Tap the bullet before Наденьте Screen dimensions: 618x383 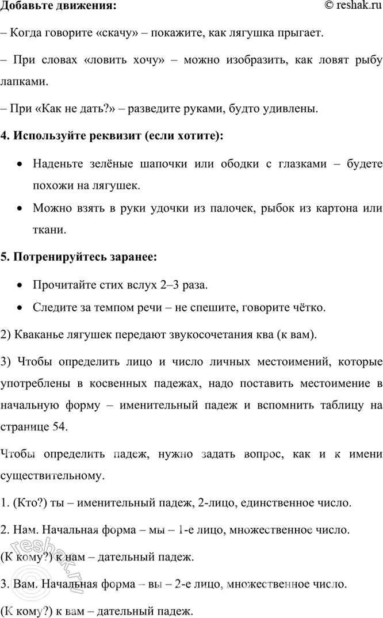click(x=20, y=165)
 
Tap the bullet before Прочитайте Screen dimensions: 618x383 click(x=20, y=285)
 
